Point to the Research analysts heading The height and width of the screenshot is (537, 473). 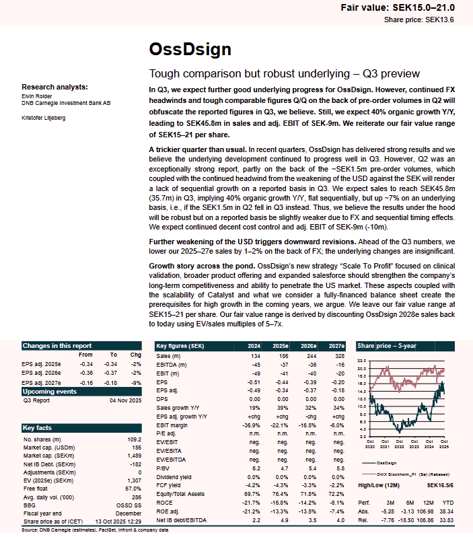pos(54,87)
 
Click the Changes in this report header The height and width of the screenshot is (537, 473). pos(57,345)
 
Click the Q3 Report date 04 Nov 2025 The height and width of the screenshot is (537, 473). pos(124,400)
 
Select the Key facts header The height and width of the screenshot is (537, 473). pos(37,427)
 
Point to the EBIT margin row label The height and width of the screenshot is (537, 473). pos(173,425)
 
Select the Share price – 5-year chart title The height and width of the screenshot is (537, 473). pos(387,345)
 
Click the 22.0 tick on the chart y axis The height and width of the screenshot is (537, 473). pos(362,361)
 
